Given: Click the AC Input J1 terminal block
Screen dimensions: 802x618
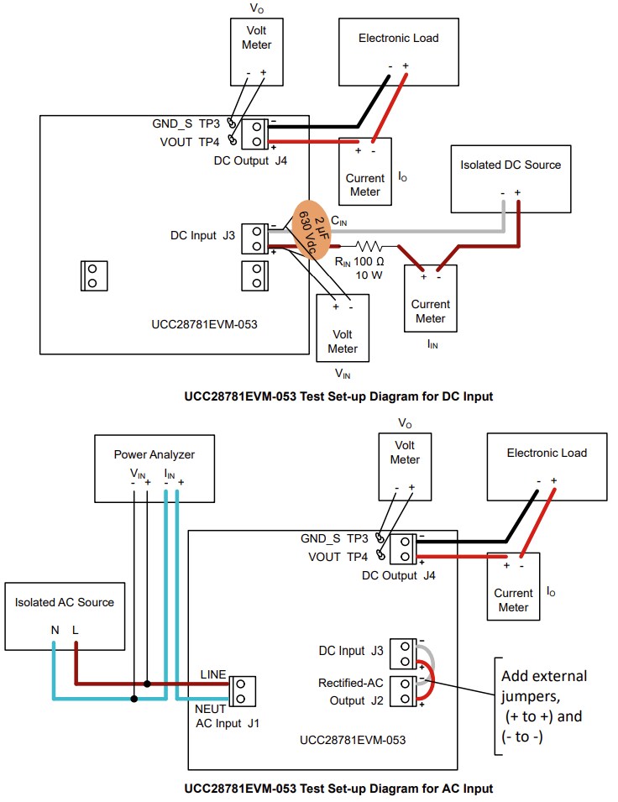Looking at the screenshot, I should [x=242, y=689].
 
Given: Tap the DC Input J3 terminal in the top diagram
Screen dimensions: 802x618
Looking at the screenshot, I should [x=255, y=238].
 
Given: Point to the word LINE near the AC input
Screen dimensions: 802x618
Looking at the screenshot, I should [x=213, y=674].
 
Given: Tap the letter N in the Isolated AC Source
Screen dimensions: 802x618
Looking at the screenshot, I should [x=54, y=629].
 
